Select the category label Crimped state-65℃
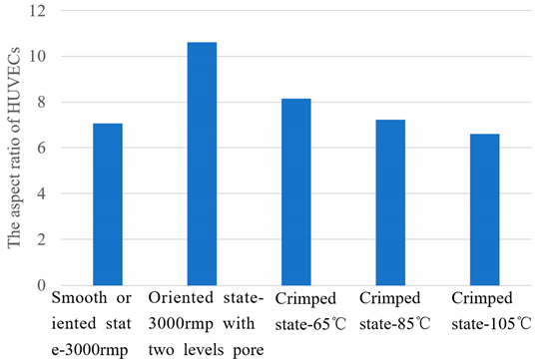point(297,308)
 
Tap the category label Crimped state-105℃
point(488,308)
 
